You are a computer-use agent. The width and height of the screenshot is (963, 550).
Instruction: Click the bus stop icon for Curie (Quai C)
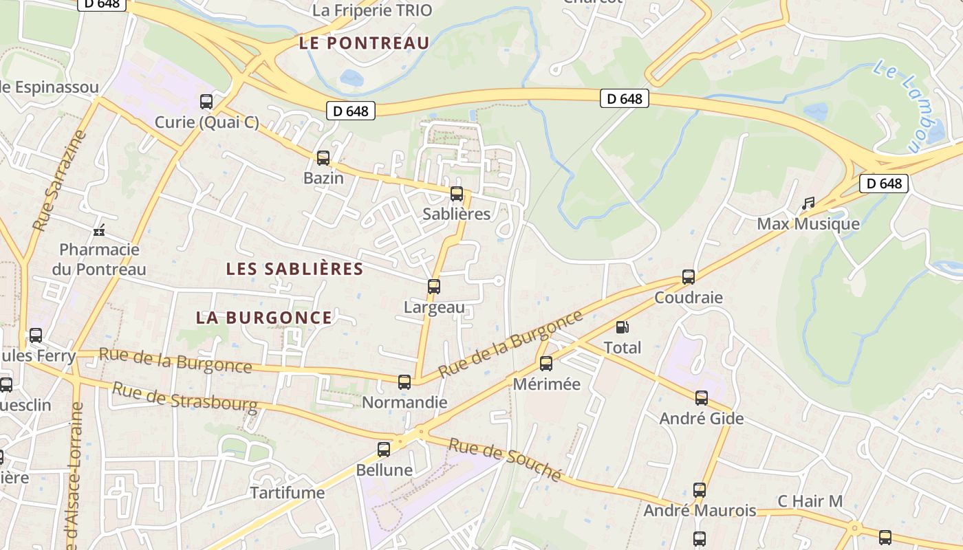pyautogui.click(x=206, y=102)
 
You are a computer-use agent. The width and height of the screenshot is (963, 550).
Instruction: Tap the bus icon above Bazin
pyautogui.click(x=323, y=158)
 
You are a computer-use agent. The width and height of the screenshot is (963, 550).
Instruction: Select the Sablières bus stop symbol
pyautogui.click(x=457, y=194)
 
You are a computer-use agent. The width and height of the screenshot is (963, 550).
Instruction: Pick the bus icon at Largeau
pyautogui.click(x=434, y=287)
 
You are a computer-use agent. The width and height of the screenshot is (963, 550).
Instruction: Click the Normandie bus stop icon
pyautogui.click(x=404, y=382)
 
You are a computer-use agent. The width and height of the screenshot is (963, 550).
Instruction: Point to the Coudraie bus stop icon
pyautogui.click(x=689, y=277)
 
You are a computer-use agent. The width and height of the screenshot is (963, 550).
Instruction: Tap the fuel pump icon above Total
pyautogui.click(x=622, y=328)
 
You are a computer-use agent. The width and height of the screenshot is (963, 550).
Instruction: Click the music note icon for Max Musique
pyautogui.click(x=808, y=203)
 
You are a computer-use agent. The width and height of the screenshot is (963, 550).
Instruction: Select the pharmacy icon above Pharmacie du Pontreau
pyautogui.click(x=100, y=230)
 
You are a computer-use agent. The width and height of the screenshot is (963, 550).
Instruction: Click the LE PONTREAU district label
pyautogui.click(x=365, y=43)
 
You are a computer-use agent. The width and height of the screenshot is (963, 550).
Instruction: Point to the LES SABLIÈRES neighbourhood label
pyautogui.click(x=294, y=269)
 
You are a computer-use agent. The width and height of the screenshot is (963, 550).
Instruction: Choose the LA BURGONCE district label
pyautogui.click(x=264, y=318)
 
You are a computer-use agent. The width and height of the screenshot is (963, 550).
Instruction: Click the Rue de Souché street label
pyautogui.click(x=505, y=459)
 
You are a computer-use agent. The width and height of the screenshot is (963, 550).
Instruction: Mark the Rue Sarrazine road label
pyautogui.click(x=60, y=180)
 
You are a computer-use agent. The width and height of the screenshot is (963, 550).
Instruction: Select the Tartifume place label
pyautogui.click(x=287, y=493)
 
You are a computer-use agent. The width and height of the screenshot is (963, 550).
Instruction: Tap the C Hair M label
pyautogui.click(x=810, y=501)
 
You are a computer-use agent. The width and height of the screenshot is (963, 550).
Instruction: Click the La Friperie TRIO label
pyautogui.click(x=372, y=10)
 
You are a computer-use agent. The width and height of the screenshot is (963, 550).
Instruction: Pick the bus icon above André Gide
pyautogui.click(x=702, y=398)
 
